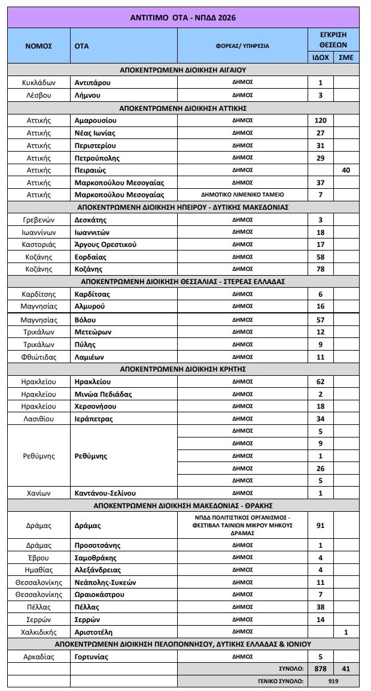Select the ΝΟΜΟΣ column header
click(x=38, y=46)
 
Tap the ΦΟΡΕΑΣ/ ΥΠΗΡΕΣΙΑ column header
click(x=242, y=46)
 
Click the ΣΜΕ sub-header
click(x=346, y=57)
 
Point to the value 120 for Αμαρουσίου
click(x=320, y=120)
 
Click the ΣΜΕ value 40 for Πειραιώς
click(x=346, y=170)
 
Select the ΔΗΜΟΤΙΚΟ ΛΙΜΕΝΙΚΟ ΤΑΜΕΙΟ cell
click(x=242, y=195)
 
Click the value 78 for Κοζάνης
click(x=320, y=269)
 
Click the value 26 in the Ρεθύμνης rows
click(x=320, y=468)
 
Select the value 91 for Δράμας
click(x=320, y=526)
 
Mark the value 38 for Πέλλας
click(x=320, y=607)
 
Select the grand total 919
click(x=333, y=681)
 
